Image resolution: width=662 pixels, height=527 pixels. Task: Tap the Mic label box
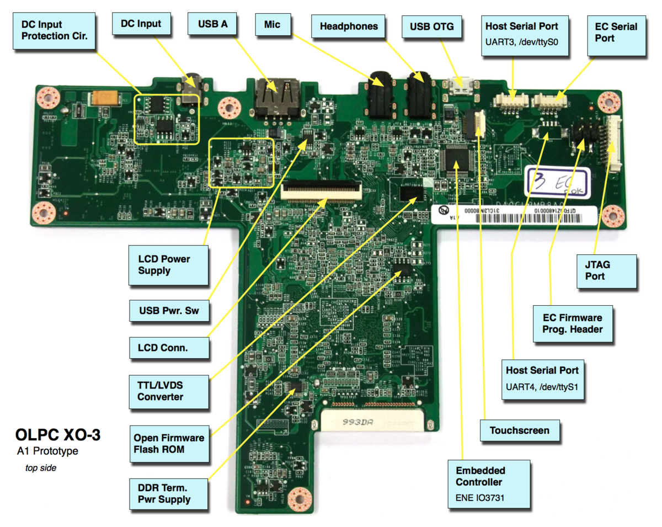pos(272,24)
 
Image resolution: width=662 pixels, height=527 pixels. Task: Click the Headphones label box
pos(349,26)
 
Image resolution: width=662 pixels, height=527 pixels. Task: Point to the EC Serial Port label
pos(616,33)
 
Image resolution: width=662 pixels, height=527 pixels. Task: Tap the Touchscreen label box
pos(519,430)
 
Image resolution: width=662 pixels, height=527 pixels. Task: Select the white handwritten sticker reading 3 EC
pos(556,183)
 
